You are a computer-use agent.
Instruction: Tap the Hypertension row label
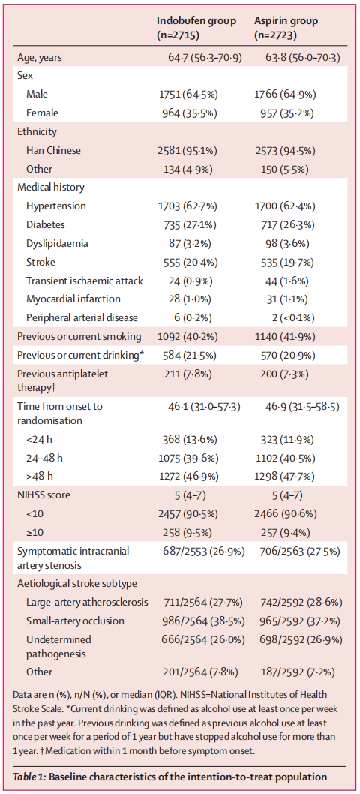[56, 206]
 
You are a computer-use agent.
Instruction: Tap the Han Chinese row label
[54, 150]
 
